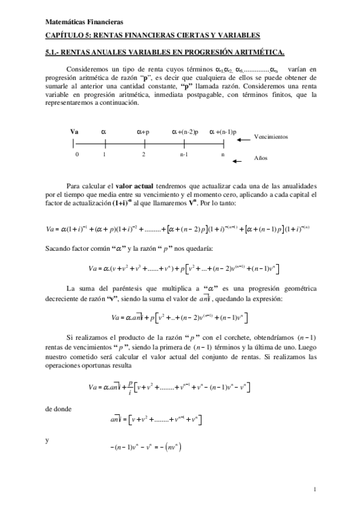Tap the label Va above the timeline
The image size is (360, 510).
tap(75, 131)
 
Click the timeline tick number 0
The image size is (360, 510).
tap(77, 154)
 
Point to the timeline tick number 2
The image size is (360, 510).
tap(144, 154)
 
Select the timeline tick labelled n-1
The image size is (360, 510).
tap(184, 154)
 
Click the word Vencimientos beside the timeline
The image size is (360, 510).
tap(271, 137)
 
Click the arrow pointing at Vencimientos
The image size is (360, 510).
tap(243, 141)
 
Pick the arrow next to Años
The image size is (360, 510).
tap(239, 161)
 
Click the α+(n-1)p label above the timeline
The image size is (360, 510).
tap(223, 131)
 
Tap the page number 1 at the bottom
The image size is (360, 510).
tap(315, 490)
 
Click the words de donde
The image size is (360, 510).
tap(58, 408)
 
